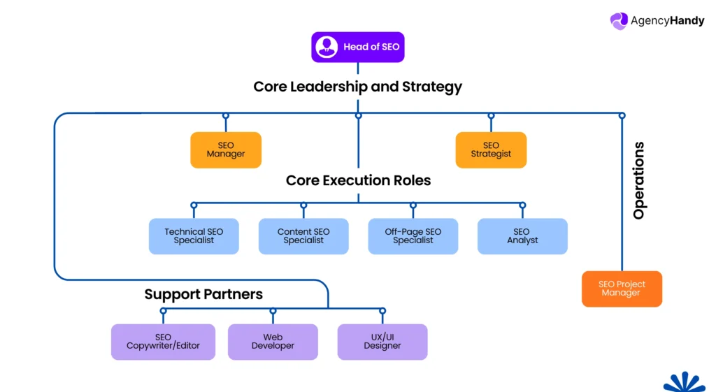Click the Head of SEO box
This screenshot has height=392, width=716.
pos(358,47)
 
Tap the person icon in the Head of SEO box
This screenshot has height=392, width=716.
pos(327,47)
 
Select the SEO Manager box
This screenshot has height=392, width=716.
pos(226,150)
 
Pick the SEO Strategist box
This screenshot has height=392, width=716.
pos(491,150)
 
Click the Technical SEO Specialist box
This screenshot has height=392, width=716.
pos(194,236)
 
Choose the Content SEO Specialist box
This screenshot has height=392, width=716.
pos(303,236)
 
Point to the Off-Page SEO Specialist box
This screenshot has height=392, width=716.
pos(413,236)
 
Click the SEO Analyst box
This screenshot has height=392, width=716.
pos(522,236)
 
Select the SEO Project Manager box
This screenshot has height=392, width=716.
pos(622,289)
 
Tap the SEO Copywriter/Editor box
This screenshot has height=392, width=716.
pos(163,342)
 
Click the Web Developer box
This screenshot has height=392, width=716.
pos(273,342)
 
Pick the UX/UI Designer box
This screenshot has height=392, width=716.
pos(382,342)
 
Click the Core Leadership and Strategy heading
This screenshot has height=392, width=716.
pos(357,87)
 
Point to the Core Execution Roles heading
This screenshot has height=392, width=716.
pos(358,180)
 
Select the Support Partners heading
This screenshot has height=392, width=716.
pos(203,294)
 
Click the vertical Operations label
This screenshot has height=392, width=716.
pos(638,181)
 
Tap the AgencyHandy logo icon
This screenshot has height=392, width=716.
pos(619,21)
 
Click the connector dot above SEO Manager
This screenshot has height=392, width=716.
pos(226,115)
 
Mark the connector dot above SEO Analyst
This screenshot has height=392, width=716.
pos(522,205)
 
